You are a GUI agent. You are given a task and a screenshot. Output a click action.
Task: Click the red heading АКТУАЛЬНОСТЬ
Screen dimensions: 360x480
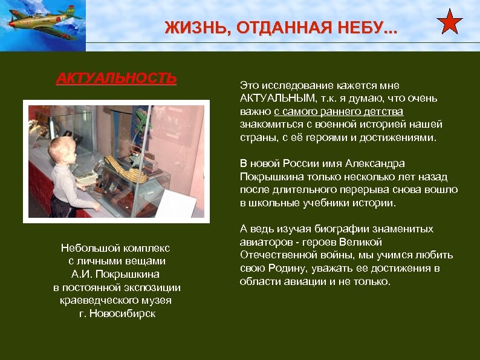coord(116,79)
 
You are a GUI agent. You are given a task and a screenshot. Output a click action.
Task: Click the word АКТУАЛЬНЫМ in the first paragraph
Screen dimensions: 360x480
coord(277,98)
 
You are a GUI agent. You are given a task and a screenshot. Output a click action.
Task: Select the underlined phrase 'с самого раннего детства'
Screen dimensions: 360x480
coord(338,111)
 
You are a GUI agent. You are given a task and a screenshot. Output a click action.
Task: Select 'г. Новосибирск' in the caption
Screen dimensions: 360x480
coord(117,313)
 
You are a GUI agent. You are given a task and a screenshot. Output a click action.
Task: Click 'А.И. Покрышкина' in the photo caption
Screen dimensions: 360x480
coord(117,274)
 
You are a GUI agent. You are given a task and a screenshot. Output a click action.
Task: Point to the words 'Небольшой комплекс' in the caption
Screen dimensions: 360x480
coord(116,248)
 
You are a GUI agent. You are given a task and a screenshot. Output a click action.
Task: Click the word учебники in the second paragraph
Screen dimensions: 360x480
coord(325,203)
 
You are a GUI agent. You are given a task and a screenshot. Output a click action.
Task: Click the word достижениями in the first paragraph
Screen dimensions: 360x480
coord(403,137)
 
